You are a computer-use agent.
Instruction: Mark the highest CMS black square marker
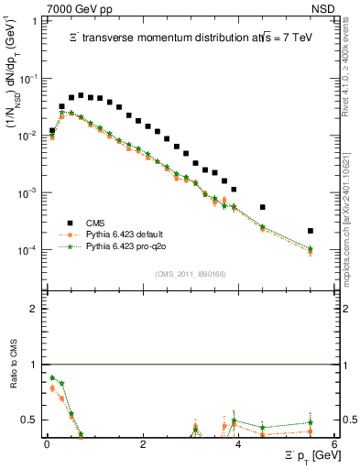pyautogui.click(x=81, y=95)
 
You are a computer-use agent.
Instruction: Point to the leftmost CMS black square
pyautogui.click(x=52, y=131)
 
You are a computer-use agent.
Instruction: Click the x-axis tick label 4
pyautogui.click(x=238, y=443)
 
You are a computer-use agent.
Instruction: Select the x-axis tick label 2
pyautogui.click(x=142, y=443)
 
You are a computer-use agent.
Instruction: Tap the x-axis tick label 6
pyautogui.click(x=334, y=443)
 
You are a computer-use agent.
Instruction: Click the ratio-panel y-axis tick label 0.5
pyautogui.click(x=31, y=420)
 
